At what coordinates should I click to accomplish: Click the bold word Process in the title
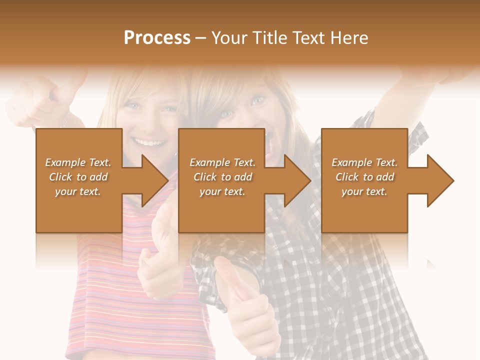point(157,38)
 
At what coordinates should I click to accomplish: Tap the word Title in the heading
point(269,38)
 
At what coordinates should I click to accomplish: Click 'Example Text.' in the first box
point(78,162)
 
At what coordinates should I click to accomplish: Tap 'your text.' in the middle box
point(222,191)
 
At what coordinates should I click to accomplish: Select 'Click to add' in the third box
point(364,177)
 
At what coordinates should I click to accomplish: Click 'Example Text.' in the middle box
point(222,162)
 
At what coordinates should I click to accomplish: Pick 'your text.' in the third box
point(364,191)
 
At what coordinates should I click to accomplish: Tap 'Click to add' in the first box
point(78,177)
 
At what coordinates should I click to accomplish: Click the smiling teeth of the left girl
point(150,143)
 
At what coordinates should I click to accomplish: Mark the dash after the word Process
point(201,38)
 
